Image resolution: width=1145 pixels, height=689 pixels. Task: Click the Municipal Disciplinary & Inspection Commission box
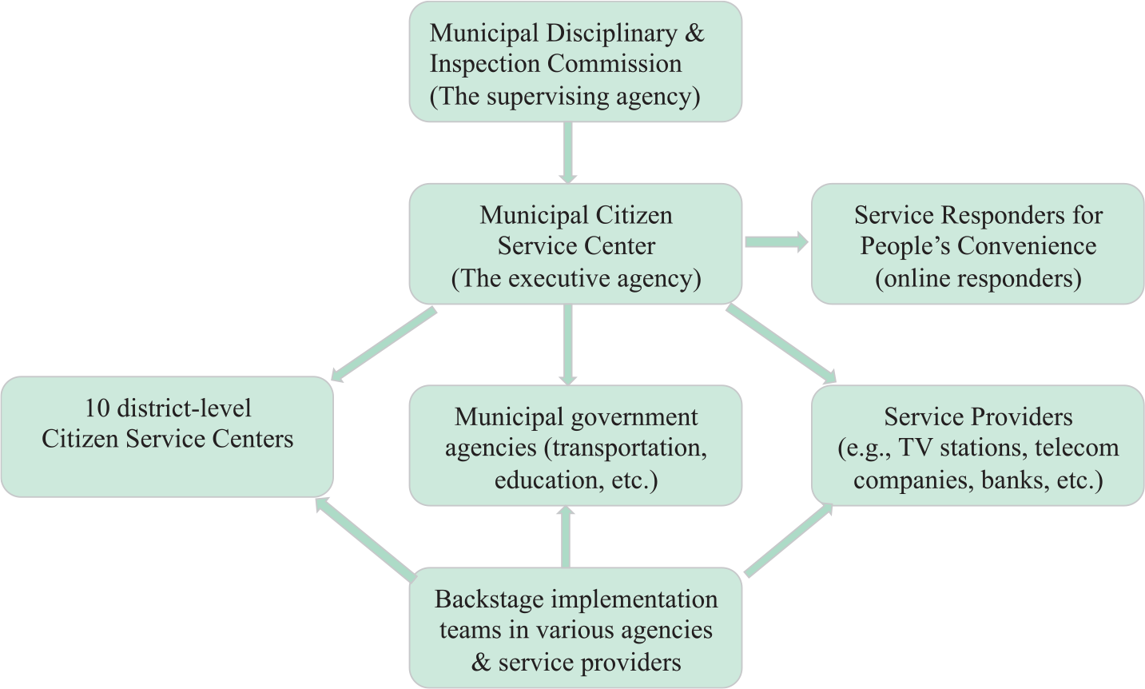tap(575, 62)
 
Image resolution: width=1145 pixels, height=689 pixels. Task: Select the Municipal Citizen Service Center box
tap(575, 244)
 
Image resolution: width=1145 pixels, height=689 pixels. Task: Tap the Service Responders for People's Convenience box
tap(977, 244)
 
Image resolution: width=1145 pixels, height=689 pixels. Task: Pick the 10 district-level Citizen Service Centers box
tap(167, 437)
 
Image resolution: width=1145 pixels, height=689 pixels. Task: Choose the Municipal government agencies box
tap(575, 445)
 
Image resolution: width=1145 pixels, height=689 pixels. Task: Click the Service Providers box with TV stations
tap(977, 445)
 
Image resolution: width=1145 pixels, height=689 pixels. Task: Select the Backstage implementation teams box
tap(575, 627)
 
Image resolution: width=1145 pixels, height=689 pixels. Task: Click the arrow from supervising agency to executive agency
tap(567, 153)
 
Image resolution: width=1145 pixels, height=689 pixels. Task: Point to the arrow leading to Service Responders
tap(777, 242)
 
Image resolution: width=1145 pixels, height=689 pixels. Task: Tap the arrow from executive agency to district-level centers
tap(384, 344)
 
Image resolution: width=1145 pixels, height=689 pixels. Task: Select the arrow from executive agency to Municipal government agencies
tap(567, 344)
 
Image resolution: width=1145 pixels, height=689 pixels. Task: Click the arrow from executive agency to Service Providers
tap(781, 343)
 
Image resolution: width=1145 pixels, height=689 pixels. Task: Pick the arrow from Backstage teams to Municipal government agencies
tap(566, 536)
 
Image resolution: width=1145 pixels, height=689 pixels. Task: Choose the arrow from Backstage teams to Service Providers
tap(788, 540)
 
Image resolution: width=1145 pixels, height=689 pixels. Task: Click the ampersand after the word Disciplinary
tap(694, 33)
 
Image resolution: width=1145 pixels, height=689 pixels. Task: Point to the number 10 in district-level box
tap(97, 408)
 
